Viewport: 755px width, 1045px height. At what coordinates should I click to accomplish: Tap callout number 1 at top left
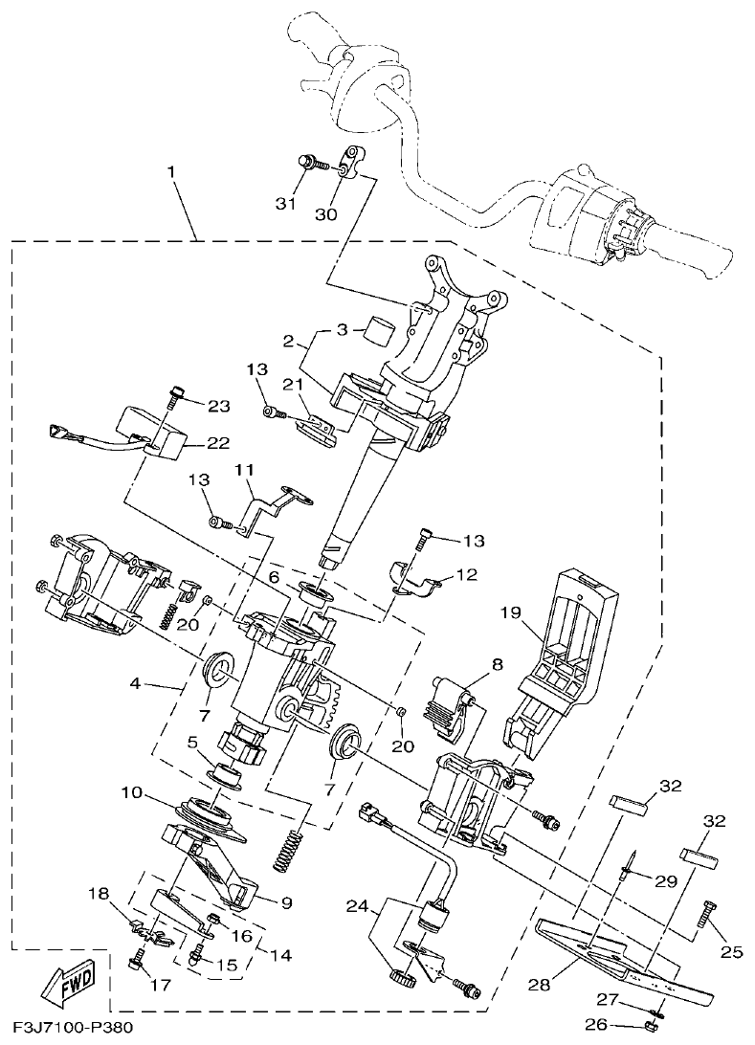tap(170, 172)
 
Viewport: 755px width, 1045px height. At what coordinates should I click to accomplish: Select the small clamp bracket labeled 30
tap(353, 160)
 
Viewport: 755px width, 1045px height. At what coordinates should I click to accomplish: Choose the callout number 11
tap(244, 469)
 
